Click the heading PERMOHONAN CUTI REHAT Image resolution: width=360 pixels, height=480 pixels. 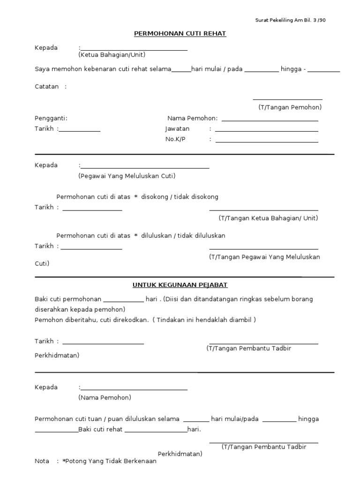tap(180, 34)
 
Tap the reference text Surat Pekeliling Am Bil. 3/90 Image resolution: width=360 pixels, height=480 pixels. tap(290, 20)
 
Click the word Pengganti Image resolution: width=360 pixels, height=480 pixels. tap(51, 118)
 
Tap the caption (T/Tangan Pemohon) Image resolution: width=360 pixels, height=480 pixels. tap(290, 107)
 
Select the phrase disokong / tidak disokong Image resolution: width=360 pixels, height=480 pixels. tap(180, 197)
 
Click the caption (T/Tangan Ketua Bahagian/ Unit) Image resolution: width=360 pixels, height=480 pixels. tap(268, 218)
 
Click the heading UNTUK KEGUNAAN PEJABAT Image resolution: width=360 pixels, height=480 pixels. tap(180, 285)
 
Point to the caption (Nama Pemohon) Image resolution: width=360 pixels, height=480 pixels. tap(105, 397)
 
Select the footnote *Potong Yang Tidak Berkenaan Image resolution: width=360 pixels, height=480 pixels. tap(109, 461)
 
